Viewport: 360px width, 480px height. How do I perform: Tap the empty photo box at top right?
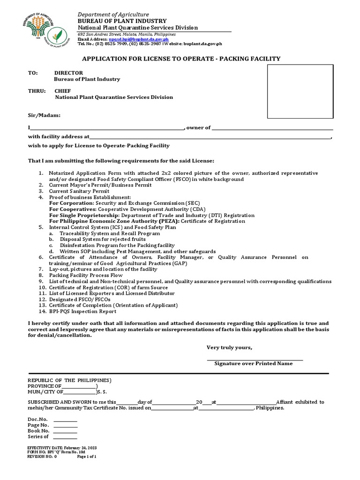pos(300,92)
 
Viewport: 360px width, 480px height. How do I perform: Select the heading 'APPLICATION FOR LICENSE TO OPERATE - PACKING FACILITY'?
pos(181,59)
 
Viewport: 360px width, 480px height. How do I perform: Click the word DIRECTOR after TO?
pos(68,73)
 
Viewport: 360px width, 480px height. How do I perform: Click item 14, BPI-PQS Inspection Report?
pos(82,311)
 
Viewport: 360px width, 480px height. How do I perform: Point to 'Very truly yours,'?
pos(230,347)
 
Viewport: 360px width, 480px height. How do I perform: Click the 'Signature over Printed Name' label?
pos(253,363)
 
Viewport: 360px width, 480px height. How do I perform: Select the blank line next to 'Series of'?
pos(65,438)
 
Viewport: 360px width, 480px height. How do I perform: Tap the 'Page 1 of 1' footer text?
pos(87,456)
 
